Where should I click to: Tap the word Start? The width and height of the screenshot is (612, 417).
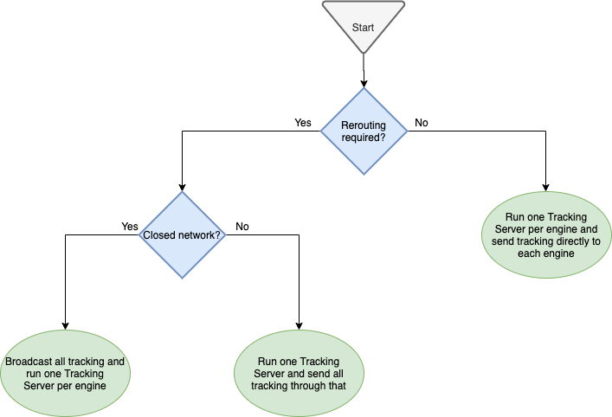coord(363,28)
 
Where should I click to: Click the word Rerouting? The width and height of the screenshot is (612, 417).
coord(364,125)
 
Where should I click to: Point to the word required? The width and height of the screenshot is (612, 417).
coord(364,138)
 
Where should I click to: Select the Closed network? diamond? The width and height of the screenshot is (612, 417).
coord(182,235)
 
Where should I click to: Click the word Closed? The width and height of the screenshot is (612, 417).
coord(158,235)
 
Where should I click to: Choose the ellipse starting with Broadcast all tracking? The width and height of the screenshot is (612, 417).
coord(66,374)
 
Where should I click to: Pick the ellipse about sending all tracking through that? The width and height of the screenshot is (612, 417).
coord(299,374)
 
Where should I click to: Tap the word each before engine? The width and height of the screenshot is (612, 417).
coord(530,253)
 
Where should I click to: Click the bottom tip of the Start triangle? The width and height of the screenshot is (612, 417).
coord(363,53)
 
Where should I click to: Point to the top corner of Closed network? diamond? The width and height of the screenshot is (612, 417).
coord(182,192)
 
